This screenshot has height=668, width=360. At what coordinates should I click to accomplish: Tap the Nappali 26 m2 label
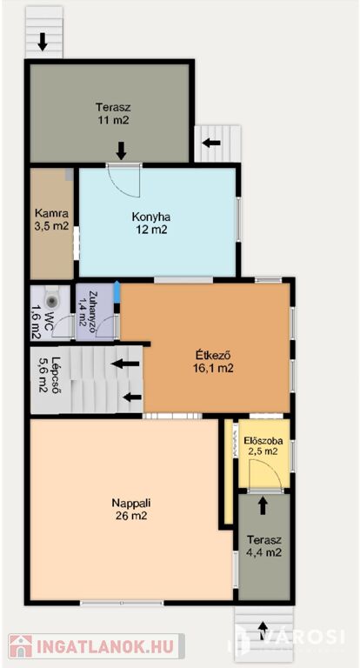click(x=131, y=509)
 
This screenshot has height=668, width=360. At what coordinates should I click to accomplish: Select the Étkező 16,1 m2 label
click(x=213, y=361)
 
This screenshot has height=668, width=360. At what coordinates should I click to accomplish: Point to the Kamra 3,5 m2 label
click(x=51, y=219)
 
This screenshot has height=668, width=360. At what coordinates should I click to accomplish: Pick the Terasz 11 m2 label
click(x=112, y=113)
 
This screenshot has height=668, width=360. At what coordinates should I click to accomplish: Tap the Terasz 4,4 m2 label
click(x=264, y=546)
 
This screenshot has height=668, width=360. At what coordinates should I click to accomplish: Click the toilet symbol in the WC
click(x=52, y=300)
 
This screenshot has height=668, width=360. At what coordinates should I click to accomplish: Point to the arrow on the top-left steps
click(x=43, y=42)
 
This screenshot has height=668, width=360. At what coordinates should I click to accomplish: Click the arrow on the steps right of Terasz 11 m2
click(x=212, y=144)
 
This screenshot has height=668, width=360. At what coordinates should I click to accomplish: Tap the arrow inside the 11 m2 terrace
click(x=122, y=150)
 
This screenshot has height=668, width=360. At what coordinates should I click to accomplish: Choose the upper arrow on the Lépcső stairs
click(x=125, y=364)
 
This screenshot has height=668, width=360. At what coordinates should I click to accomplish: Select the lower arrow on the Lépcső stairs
click(x=132, y=397)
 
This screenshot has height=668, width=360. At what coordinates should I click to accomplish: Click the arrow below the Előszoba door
click(x=263, y=505)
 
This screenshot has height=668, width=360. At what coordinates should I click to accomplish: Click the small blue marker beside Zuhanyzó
click(x=117, y=291)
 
